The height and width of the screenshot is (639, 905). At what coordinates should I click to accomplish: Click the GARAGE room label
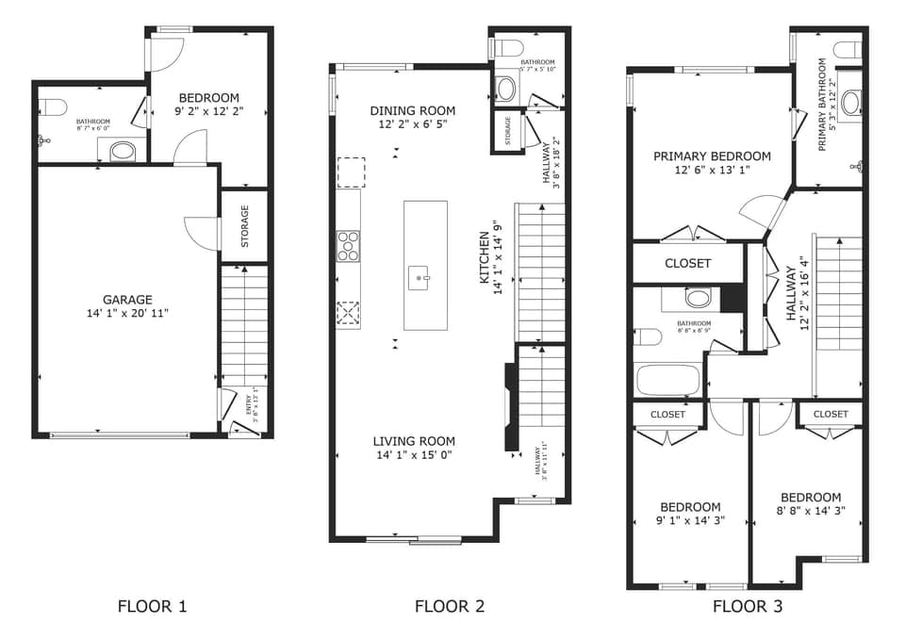click(x=127, y=300)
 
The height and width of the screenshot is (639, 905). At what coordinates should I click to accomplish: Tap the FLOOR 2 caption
click(x=450, y=606)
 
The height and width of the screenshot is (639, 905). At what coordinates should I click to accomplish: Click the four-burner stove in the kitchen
click(x=348, y=245)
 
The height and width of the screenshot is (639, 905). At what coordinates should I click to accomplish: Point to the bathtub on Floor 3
click(x=668, y=380)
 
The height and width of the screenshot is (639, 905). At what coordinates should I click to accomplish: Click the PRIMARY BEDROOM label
click(x=712, y=156)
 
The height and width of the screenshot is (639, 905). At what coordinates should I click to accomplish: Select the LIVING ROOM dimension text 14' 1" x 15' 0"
click(x=413, y=455)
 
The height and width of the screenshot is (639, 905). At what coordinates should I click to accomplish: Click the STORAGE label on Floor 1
click(x=245, y=226)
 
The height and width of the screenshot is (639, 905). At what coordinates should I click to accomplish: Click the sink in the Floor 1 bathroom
click(x=123, y=150)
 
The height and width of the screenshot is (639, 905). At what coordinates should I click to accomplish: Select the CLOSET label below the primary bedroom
click(x=687, y=263)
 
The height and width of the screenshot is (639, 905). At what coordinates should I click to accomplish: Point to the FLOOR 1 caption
click(x=152, y=606)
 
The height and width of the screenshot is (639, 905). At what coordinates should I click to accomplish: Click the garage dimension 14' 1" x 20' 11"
click(x=127, y=313)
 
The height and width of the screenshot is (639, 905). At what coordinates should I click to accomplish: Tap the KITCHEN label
click(x=485, y=258)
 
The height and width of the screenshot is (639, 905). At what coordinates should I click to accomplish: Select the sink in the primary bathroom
click(x=851, y=102)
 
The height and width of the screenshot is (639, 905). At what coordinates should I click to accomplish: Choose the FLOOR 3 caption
click(x=747, y=606)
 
